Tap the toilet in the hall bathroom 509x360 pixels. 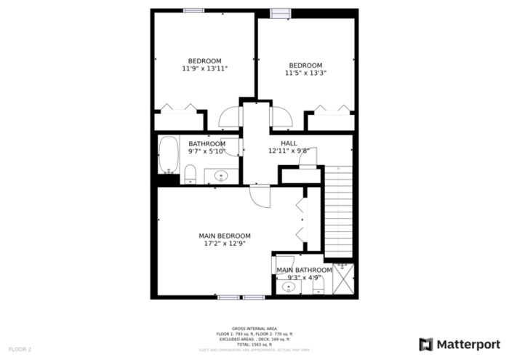pos(191,173)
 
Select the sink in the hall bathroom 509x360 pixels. pos(220,175)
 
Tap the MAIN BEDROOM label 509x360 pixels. pos(225,236)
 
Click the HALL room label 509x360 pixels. pos(289,143)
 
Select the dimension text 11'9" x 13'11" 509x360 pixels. pos(204,68)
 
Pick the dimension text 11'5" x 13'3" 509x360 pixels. pos(305,73)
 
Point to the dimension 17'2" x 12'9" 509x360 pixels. pos(225,244)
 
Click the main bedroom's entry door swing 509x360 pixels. pos(260,196)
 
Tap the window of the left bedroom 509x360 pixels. pos(193,10)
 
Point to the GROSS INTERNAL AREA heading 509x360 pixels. pos(254,329)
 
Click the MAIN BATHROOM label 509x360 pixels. pos(304,270)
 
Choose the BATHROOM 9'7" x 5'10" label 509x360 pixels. pos(207,148)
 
